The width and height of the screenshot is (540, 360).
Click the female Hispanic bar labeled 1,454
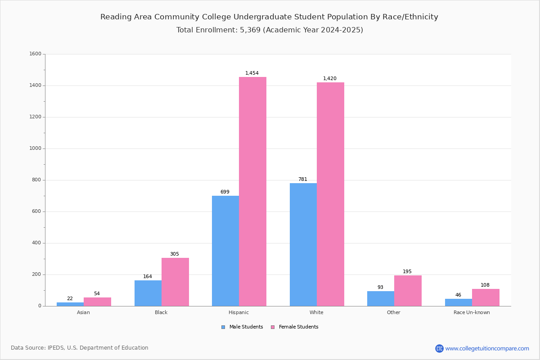[252, 191]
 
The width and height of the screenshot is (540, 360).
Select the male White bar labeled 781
[303, 244]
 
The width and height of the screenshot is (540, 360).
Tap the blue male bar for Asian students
[70, 304]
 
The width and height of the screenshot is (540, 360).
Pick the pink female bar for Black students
[175, 282]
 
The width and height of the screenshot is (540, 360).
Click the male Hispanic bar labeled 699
[225, 251]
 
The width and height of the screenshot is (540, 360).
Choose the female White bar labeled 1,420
[330, 194]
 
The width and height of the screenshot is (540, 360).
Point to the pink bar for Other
[408, 291]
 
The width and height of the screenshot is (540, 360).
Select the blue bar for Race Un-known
[459, 302]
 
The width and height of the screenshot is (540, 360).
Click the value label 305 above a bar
[175, 254]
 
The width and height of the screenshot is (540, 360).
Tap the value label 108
[485, 285]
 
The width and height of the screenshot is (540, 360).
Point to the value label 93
[380, 288]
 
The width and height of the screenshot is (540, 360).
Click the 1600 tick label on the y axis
[35, 54]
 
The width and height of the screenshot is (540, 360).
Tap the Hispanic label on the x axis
[238, 312]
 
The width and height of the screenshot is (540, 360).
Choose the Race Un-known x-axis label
[472, 312]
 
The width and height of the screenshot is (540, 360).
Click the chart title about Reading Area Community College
[269, 17]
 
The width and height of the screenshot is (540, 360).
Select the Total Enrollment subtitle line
[270, 30]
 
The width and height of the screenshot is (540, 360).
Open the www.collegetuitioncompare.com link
[487, 348]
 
